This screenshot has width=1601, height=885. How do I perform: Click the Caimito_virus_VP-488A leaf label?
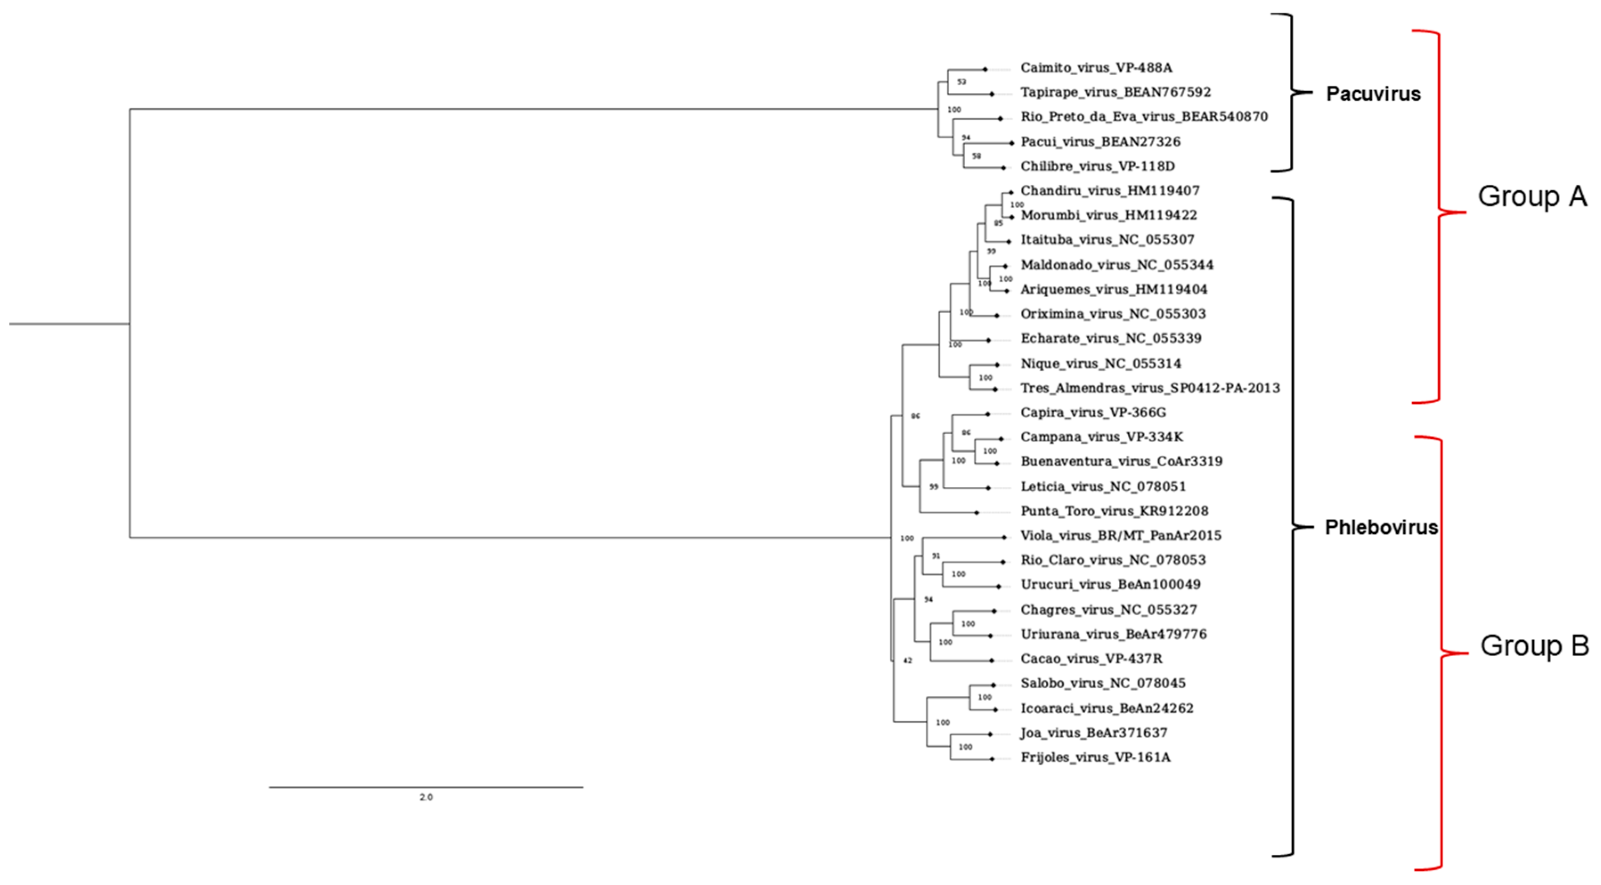[x=1096, y=68]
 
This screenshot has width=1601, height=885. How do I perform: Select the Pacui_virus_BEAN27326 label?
[x=1100, y=141]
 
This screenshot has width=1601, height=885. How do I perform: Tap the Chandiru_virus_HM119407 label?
[x=1109, y=191]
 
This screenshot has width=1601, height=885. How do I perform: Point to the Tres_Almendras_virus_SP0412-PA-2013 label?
[x=1150, y=388]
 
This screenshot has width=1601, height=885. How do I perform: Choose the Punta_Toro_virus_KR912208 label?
[x=1114, y=511]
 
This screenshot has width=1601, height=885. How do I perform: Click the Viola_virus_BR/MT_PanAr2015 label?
[x=1121, y=535]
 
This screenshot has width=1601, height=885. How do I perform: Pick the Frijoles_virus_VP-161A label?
[x=1095, y=758]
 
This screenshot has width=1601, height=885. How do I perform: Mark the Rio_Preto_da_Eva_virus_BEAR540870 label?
[x=1144, y=117]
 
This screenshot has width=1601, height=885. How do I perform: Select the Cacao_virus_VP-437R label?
[x=1091, y=659]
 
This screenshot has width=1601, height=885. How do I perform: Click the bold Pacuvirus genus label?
[x=1373, y=94]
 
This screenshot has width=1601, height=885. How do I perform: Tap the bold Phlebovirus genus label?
[x=1381, y=527]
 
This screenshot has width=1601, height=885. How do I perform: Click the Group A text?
[x=1532, y=196]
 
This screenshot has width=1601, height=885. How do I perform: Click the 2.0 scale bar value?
[x=426, y=797]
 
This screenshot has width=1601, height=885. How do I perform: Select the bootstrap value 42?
[x=907, y=660]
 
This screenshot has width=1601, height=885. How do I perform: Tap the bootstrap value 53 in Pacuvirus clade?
[x=962, y=81]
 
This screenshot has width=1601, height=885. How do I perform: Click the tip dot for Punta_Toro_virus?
[x=977, y=513]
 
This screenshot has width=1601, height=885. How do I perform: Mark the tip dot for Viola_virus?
[x=1004, y=537]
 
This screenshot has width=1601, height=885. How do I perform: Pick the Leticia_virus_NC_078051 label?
[x=1102, y=486]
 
